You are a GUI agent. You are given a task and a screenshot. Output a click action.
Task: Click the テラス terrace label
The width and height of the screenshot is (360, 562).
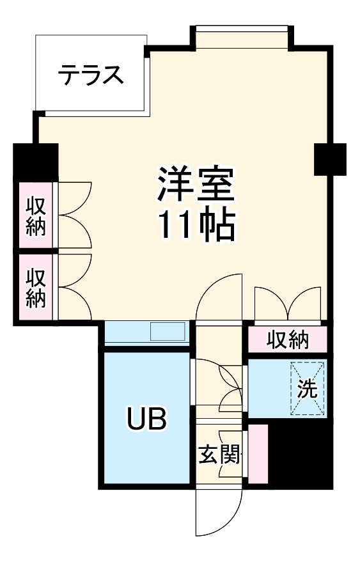pyautogui.click(x=90, y=75)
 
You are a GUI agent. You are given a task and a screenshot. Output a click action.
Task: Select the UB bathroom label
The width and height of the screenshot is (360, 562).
pyautogui.click(x=146, y=419)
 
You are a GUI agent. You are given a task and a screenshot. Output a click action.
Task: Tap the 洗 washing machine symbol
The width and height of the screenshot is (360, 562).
pyautogui.click(x=308, y=389)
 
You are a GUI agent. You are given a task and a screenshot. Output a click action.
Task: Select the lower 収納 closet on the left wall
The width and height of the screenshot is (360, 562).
pyautogui.click(x=36, y=288)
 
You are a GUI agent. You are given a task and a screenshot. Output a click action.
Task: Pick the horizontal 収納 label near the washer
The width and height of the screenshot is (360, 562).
pyautogui.click(x=287, y=340)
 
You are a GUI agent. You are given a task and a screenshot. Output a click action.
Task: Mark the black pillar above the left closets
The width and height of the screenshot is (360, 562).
pyautogui.click(x=36, y=162)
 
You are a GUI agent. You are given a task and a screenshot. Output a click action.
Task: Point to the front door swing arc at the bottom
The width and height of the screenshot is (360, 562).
pyautogui.click(x=220, y=515)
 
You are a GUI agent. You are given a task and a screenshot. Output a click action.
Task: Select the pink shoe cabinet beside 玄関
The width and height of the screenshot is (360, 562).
pyautogui.click(x=258, y=453)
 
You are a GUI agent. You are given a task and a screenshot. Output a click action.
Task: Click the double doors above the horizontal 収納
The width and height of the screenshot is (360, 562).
pyautogui.click(x=287, y=304)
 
